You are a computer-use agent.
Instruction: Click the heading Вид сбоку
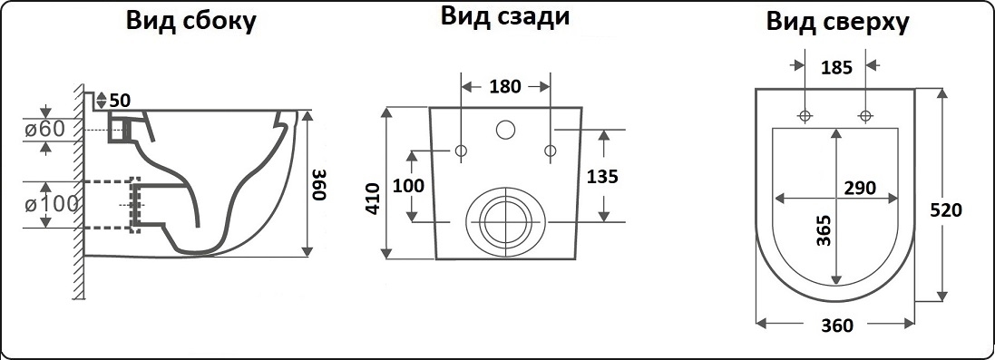[190, 20]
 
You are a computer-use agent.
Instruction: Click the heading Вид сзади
[505, 16]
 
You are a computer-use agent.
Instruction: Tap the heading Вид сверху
[837, 22]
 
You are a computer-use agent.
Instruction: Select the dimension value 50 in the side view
[120, 101]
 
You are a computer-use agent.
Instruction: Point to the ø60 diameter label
[45, 129]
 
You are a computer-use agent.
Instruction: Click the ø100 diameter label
[52, 204]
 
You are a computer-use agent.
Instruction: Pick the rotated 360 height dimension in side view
[320, 184]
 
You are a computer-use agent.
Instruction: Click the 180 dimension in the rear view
[505, 86]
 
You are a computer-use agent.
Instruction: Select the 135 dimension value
[602, 176]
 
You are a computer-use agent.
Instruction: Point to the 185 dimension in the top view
[836, 67]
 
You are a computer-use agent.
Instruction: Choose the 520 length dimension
[945, 209]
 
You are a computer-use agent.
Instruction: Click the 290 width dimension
[860, 188]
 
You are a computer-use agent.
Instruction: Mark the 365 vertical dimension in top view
[824, 229]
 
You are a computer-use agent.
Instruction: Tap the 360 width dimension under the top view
[837, 326]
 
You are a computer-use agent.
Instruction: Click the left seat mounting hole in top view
[805, 115]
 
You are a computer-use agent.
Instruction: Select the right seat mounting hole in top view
[865, 115]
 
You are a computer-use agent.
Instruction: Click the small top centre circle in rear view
[505, 130]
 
